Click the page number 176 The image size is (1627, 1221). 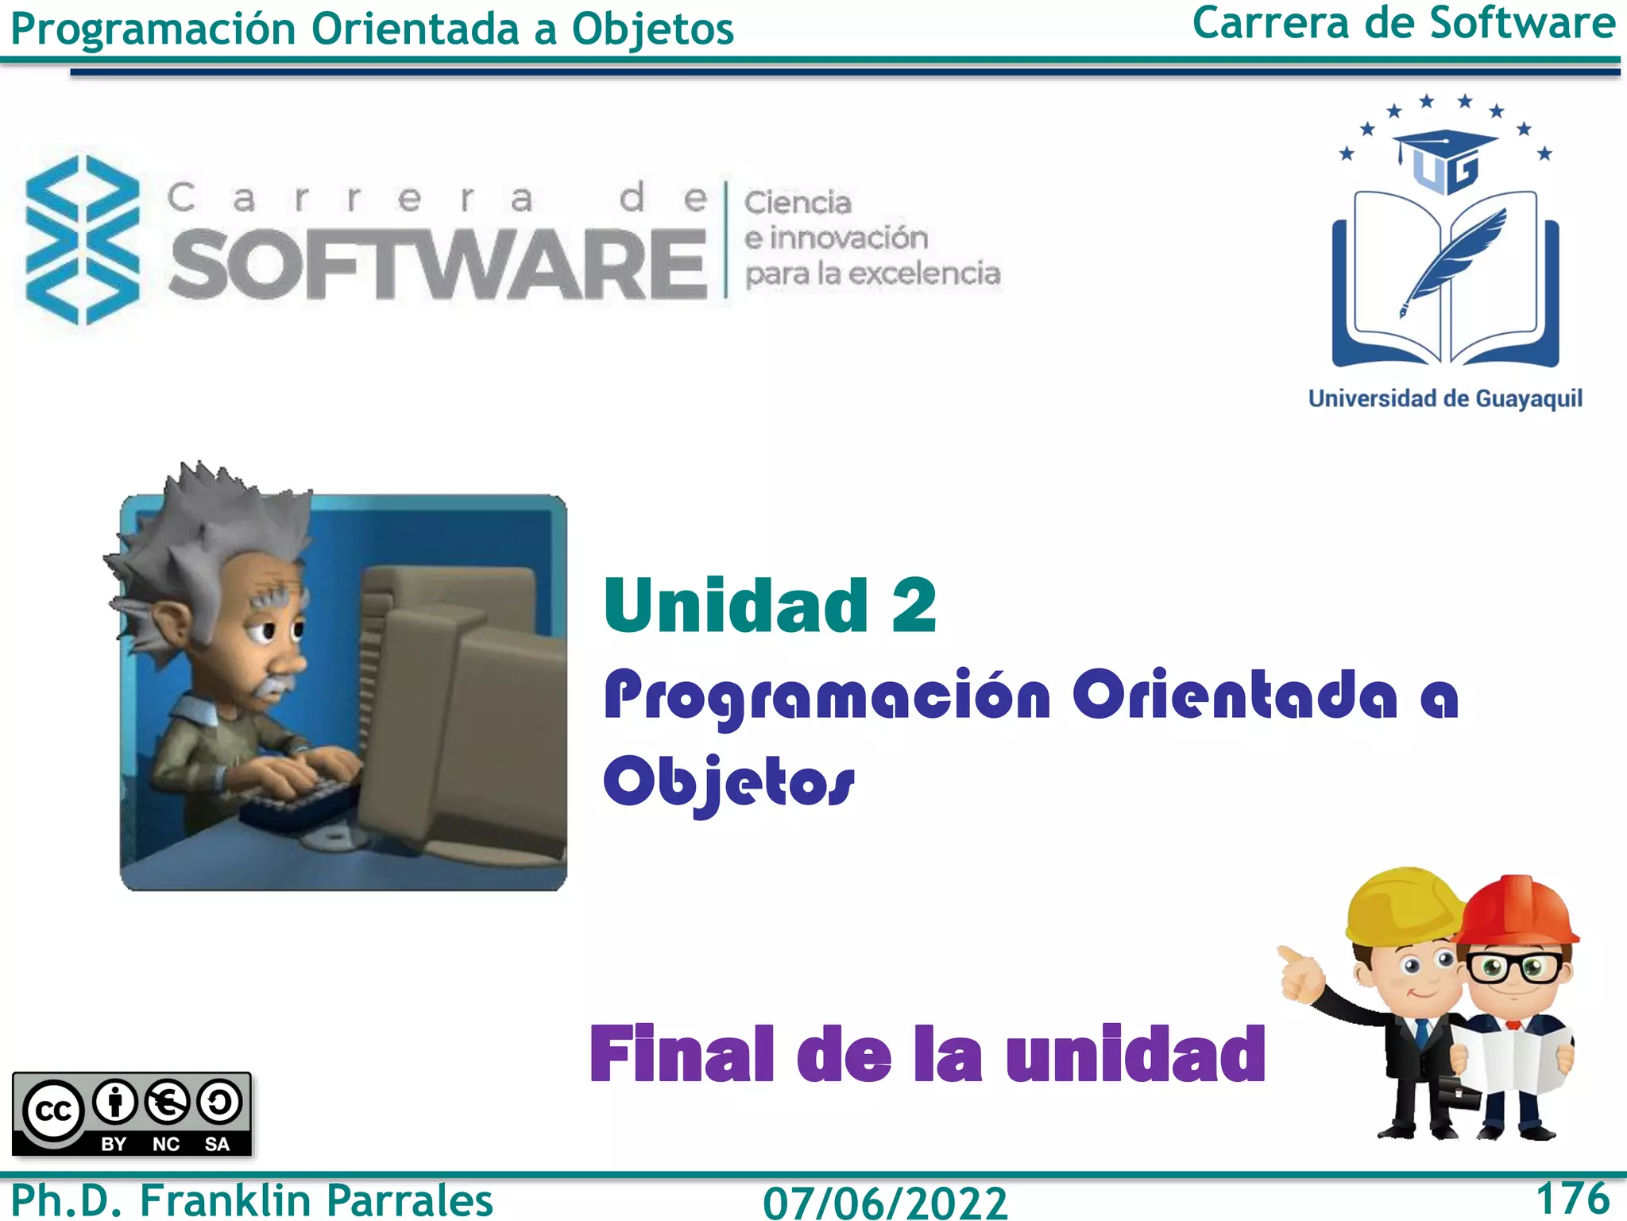pos(1572,1198)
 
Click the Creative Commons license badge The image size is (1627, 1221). pos(132,1114)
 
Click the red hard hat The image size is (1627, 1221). pos(1519,909)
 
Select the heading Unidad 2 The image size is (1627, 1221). pos(770,606)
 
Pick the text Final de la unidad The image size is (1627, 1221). pos(927,1054)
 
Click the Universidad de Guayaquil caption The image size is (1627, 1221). pos(1445,398)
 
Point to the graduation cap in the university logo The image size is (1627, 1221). pos(1445,147)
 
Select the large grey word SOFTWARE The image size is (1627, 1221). pos(438,264)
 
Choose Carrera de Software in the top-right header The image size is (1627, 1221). pos(1403,24)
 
